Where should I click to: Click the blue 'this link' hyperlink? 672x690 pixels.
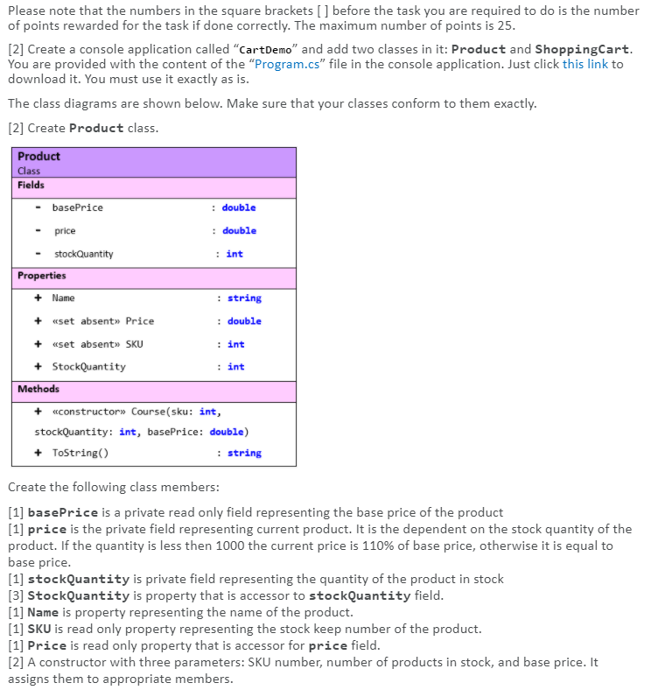(x=584, y=65)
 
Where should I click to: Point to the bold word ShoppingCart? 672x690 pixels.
(x=583, y=49)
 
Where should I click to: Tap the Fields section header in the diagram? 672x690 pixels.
(x=31, y=186)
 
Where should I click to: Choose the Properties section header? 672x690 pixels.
(x=41, y=276)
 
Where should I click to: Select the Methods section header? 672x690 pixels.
(x=38, y=389)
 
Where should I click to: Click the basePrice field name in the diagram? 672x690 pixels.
(x=77, y=208)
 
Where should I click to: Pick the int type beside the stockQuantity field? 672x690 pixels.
(x=234, y=254)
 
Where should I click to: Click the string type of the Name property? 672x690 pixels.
(x=244, y=299)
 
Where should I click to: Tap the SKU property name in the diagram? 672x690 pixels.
(x=135, y=344)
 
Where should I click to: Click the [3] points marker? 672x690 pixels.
(x=16, y=595)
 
